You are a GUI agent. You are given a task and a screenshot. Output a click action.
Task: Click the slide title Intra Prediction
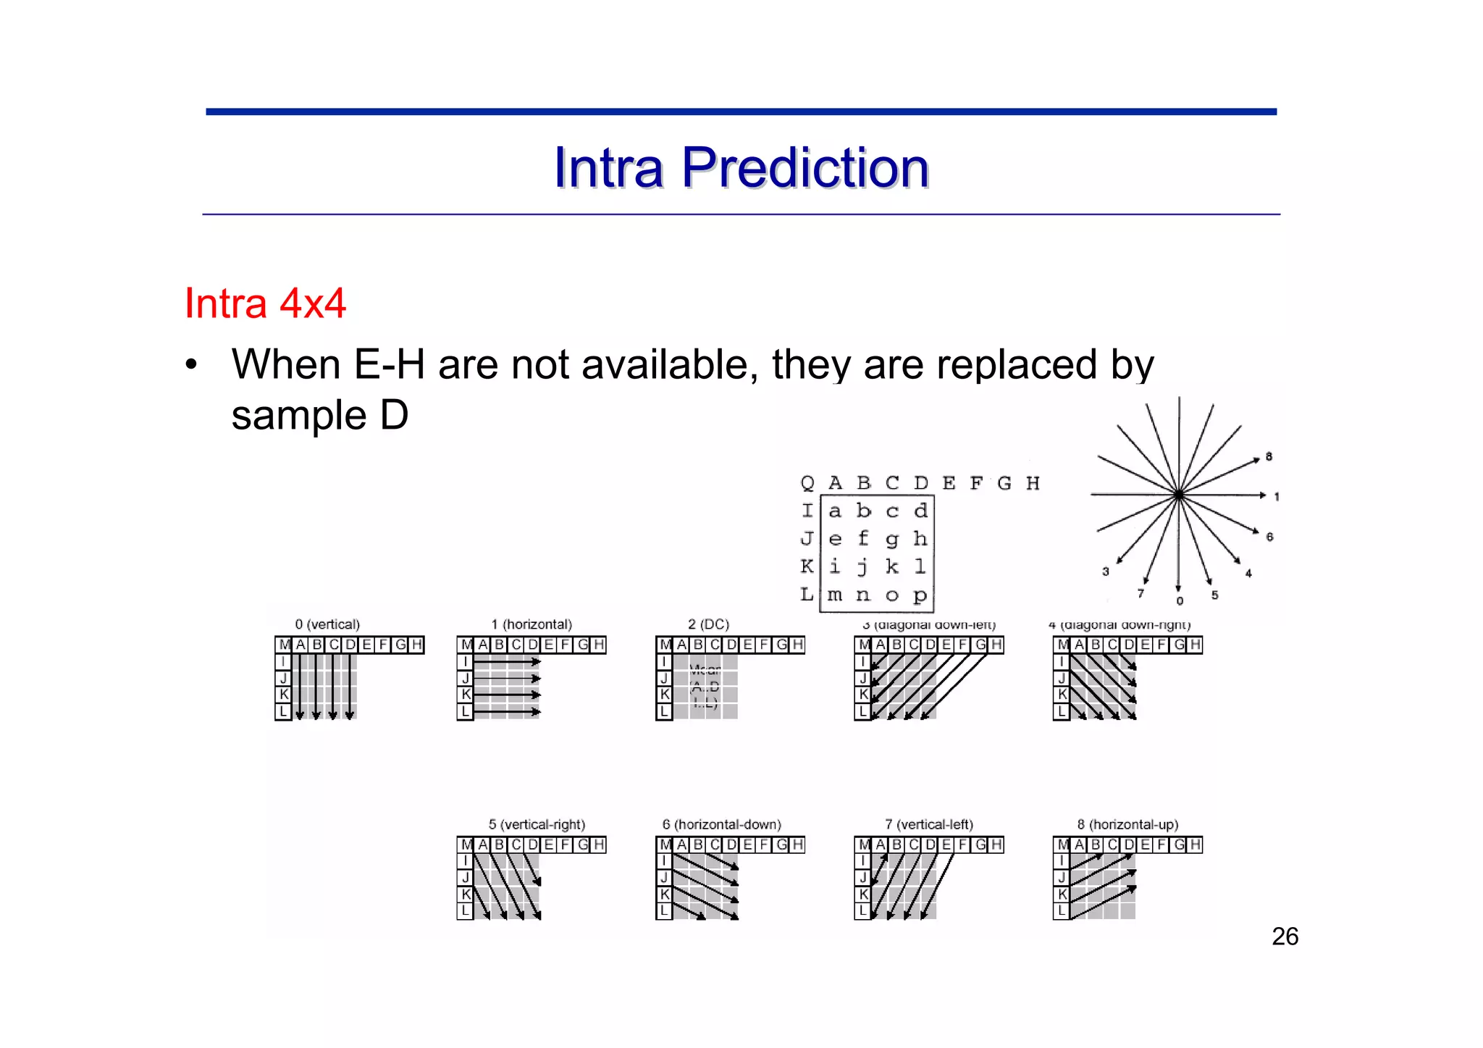tap(741, 168)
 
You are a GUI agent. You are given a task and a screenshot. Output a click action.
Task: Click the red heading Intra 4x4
tap(265, 303)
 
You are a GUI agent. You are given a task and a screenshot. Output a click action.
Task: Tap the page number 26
tap(1285, 936)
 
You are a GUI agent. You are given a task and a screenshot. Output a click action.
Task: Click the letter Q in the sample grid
tap(807, 483)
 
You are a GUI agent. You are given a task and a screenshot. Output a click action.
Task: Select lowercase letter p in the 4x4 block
tap(920, 595)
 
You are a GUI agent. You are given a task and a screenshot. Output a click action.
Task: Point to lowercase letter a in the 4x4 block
tap(835, 511)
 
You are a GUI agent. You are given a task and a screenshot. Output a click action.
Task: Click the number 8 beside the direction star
tap(1269, 457)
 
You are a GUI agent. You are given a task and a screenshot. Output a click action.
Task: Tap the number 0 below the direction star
tap(1180, 601)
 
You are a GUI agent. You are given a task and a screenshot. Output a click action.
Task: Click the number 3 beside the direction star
tap(1106, 571)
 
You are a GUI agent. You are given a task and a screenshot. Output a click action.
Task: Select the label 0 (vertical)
tap(327, 624)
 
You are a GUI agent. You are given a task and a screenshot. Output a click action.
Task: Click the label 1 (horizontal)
tap(532, 624)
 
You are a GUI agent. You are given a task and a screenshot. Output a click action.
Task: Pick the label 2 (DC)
tap(708, 624)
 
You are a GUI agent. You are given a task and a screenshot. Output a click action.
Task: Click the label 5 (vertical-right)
tap(537, 824)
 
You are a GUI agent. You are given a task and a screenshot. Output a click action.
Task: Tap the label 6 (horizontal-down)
tap(721, 824)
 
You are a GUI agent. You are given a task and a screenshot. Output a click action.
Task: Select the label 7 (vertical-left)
tap(929, 824)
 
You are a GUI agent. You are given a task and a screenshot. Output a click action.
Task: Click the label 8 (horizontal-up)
tap(1127, 824)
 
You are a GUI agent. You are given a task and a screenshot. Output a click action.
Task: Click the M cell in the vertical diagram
tap(284, 645)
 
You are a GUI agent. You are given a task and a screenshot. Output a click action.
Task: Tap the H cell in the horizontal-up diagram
tap(1195, 844)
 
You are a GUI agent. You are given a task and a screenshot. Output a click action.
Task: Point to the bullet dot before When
tap(190, 365)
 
